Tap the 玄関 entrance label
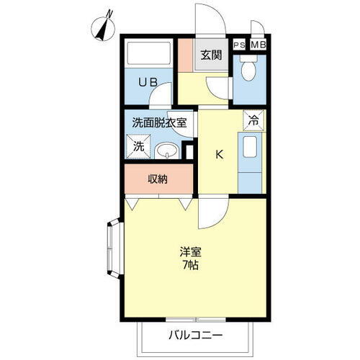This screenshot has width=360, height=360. pos(211,55)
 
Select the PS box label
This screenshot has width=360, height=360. pos(240,44)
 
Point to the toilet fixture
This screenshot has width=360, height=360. pos(248,71)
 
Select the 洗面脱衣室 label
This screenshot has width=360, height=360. pos(159,122)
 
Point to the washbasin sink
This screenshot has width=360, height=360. pos(168,150)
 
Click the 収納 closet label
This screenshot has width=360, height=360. pos(158,179)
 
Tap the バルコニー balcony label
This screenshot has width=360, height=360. pos(196,335)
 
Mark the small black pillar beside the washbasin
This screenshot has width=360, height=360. pos(189,151)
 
